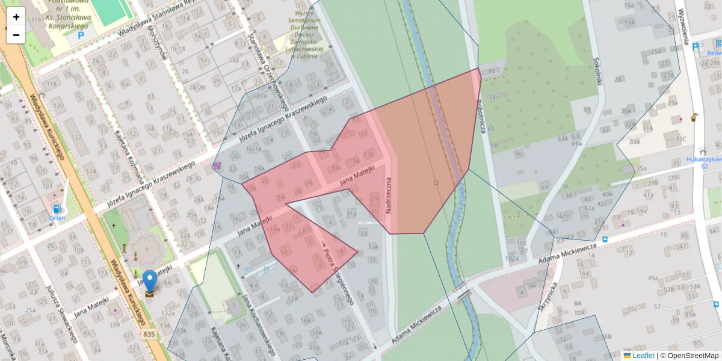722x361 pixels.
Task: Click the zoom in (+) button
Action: click(16, 17)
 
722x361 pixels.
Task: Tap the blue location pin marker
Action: click(149, 282)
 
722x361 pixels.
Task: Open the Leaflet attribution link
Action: click(643, 356)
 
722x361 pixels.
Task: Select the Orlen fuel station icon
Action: click(57, 209)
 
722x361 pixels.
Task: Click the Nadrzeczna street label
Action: click(389, 196)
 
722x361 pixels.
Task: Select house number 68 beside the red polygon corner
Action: click(492, 71)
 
